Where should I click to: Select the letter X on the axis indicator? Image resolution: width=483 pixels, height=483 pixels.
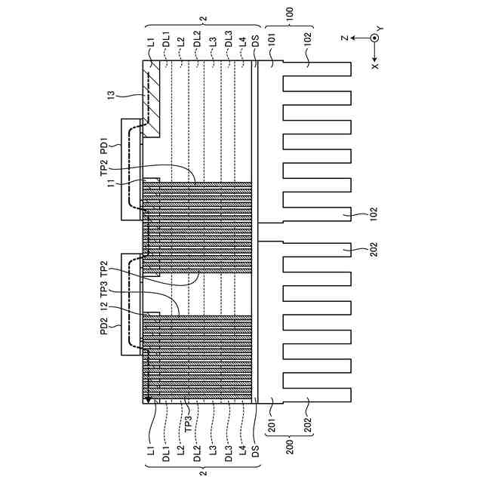click(375, 66)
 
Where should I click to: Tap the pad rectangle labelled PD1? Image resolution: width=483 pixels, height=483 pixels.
click(131, 168)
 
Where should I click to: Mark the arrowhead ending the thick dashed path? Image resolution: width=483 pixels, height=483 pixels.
click(148, 398)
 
